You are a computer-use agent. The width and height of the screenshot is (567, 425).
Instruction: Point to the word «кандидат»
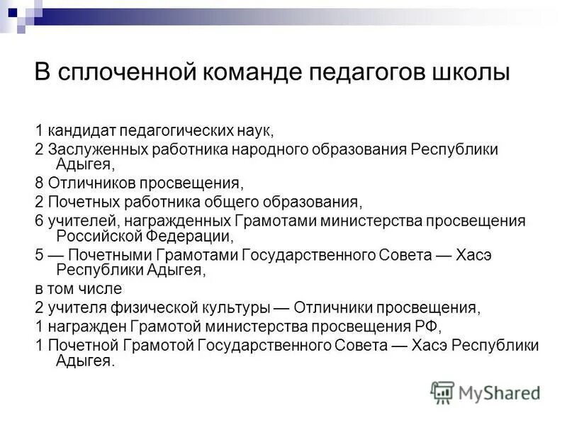pyautogui.click(x=80, y=131)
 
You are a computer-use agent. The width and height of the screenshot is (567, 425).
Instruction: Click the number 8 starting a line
pyautogui.click(x=40, y=183)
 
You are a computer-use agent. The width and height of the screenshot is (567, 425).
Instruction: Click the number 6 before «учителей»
pyautogui.click(x=40, y=220)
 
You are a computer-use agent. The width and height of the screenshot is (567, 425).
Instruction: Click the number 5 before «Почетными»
pyautogui.click(x=40, y=254)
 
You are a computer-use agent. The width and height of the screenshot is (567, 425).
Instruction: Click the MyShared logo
pyautogui.click(x=486, y=392)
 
